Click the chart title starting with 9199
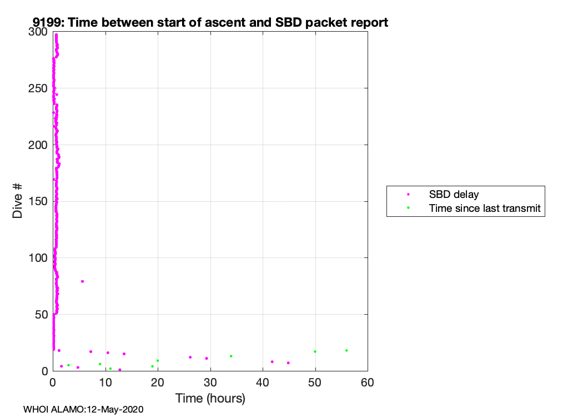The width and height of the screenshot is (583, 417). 210,22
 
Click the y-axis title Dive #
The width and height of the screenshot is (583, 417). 17,201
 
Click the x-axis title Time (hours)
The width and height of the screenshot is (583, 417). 210,398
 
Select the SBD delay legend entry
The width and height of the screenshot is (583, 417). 454,195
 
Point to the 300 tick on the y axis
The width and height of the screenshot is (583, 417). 38,32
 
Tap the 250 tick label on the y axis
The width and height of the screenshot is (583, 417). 38,88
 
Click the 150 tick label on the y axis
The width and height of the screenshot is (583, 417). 38,201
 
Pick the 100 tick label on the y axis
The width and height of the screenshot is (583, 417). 38,258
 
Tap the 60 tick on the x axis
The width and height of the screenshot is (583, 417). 368,383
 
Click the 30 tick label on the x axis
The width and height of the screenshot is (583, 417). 210,383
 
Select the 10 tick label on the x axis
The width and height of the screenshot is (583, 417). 105,383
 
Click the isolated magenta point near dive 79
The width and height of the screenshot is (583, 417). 83,281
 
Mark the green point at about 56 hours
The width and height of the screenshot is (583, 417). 346,350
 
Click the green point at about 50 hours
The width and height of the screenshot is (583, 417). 315,351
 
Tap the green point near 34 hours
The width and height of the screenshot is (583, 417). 231,356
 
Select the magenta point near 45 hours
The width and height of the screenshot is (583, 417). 288,363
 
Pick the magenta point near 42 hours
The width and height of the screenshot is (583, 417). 272,362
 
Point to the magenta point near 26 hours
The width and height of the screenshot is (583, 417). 190,358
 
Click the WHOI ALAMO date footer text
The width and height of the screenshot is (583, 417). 83,410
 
